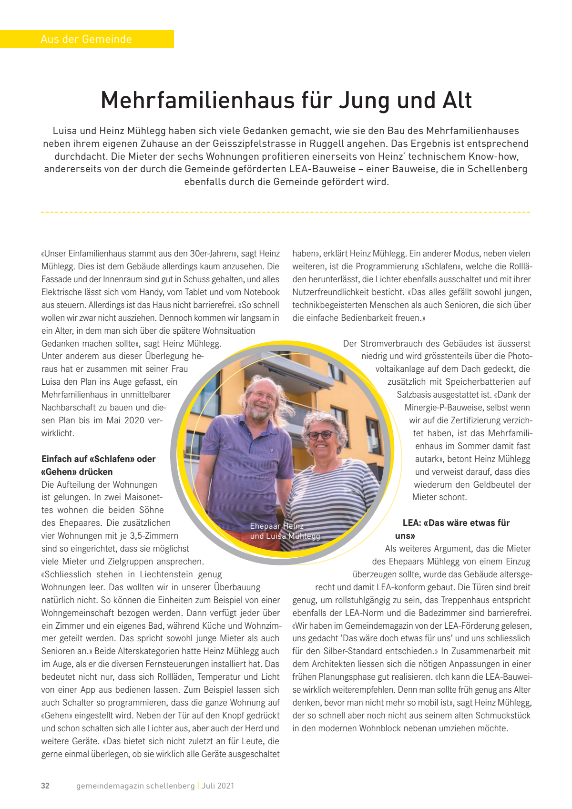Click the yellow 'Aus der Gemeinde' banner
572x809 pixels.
click(x=86, y=39)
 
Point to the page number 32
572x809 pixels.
click(x=45, y=786)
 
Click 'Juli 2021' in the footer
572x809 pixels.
click(x=218, y=786)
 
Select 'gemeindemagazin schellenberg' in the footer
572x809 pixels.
click(x=135, y=786)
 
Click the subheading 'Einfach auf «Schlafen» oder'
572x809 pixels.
click(x=99, y=459)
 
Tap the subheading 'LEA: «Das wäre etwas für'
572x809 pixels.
click(x=456, y=523)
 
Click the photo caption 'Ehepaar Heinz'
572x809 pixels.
click(x=276, y=526)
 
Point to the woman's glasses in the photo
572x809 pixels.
click(x=320, y=435)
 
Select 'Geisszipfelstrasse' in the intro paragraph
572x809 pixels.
click(x=254, y=143)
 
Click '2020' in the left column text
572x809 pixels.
click(x=137, y=420)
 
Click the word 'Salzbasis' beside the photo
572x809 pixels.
click(x=414, y=395)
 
